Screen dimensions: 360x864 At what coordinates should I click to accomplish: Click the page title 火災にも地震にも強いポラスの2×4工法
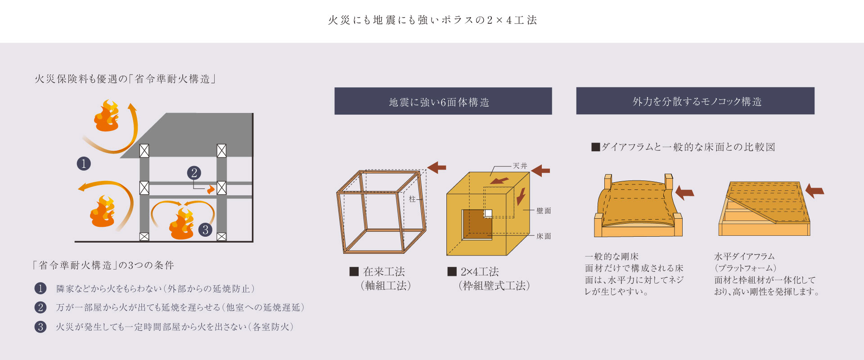[432, 20]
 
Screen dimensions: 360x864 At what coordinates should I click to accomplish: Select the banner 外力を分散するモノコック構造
[695, 101]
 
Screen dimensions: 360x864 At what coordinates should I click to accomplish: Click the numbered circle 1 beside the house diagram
[84, 163]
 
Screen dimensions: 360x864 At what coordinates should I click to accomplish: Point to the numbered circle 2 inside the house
[194, 173]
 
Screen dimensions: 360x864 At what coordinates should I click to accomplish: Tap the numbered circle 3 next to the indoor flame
[205, 230]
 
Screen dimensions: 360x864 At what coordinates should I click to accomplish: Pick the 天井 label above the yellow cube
[520, 166]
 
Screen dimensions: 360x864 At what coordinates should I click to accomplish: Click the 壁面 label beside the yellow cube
[544, 211]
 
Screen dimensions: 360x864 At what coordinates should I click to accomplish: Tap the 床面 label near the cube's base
[544, 236]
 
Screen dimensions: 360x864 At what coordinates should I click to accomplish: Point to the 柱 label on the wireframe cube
[412, 199]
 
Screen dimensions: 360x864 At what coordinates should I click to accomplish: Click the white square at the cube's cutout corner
[488, 213]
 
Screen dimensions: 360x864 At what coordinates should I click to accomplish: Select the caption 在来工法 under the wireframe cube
[384, 272]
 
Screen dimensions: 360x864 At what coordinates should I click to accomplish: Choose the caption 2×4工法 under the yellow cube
[479, 272]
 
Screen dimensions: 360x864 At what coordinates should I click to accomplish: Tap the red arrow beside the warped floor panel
[684, 193]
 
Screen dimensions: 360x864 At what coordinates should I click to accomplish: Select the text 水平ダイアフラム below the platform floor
[744, 256]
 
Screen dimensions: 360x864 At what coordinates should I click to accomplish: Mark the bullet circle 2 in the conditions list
[40, 307]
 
